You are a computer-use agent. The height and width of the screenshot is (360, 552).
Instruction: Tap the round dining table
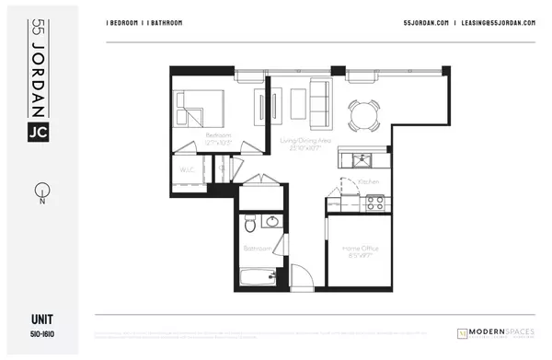pos(362,114)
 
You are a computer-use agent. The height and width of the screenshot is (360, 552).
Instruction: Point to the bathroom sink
pos(271,222)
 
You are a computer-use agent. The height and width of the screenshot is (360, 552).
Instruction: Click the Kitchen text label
pos(368,182)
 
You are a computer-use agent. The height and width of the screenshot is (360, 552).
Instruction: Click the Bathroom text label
pos(257,249)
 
